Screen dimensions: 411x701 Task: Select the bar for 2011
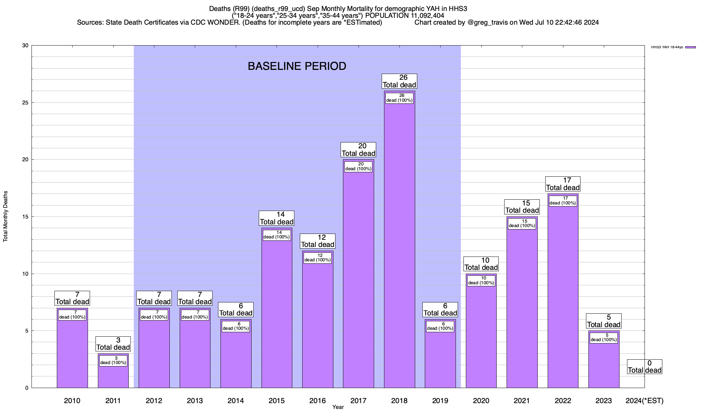tap(113, 375)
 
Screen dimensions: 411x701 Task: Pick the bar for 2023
tap(603, 363)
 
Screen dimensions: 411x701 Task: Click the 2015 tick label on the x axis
tap(277, 400)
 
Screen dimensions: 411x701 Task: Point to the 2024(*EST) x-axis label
tap(644, 400)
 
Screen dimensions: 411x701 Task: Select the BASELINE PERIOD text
tap(297, 66)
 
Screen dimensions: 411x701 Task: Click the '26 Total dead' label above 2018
tap(399, 81)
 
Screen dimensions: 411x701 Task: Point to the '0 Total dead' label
tap(645, 366)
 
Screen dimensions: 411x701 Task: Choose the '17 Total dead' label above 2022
tap(563, 184)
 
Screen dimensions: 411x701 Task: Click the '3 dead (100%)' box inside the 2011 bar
tap(113, 361)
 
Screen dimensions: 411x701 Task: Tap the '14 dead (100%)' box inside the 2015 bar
tap(277, 235)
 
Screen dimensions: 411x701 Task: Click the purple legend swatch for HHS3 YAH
tap(690, 47)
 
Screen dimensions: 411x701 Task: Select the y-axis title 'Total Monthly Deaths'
tap(5, 216)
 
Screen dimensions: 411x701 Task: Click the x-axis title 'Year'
tap(338, 407)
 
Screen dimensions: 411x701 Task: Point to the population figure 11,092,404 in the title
tap(420, 15)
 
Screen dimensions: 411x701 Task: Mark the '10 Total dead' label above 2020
tap(481, 264)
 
